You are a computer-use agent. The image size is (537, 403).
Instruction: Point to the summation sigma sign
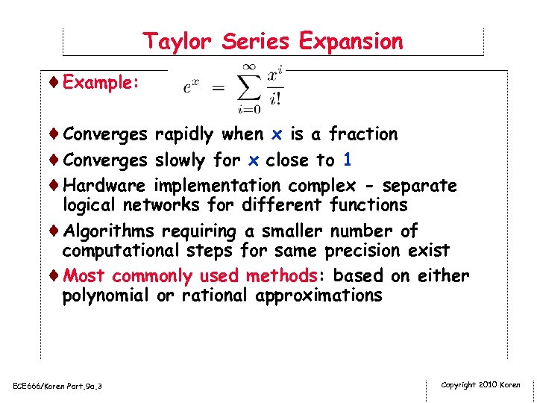(248, 88)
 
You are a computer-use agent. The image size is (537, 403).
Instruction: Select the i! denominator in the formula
(275, 97)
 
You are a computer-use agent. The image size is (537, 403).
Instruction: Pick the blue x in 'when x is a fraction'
(277, 134)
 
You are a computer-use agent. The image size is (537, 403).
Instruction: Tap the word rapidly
(185, 134)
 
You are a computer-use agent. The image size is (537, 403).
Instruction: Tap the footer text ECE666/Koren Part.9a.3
(57, 386)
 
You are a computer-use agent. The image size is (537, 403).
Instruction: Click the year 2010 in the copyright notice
(489, 385)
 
